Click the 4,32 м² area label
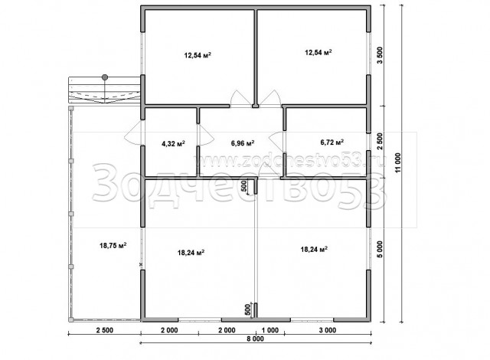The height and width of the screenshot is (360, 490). click(173, 144)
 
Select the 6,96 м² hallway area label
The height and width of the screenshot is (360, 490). click(243, 143)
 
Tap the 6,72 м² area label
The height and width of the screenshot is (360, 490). click(332, 142)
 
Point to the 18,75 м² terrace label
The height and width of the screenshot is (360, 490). click(113, 246)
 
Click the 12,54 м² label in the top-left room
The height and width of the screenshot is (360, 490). click(198, 56)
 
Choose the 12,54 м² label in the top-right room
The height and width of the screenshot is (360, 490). click(318, 52)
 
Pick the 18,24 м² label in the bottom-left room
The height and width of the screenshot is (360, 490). click(191, 253)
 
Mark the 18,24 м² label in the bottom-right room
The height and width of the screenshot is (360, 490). click(314, 249)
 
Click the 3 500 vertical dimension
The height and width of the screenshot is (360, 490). click(380, 55)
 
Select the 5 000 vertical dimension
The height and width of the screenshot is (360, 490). click(380, 250)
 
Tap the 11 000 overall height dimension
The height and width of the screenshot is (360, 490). click(397, 162)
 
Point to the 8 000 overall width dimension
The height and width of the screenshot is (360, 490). click(255, 339)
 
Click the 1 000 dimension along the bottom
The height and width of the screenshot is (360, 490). click(269, 330)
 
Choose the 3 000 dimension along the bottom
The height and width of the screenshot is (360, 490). click(328, 330)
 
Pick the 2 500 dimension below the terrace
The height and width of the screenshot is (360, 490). click(104, 330)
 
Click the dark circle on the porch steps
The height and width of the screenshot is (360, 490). click(105, 77)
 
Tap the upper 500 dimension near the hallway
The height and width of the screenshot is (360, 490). click(244, 186)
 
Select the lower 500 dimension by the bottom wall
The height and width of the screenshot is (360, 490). click(248, 309)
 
